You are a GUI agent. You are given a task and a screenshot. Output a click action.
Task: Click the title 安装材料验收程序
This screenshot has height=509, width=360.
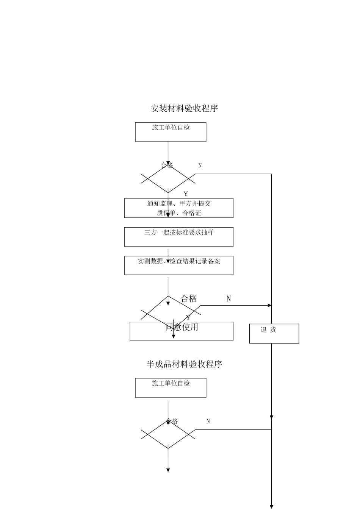(x=184, y=108)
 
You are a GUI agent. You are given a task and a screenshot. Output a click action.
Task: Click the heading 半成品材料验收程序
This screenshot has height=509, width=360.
(x=184, y=364)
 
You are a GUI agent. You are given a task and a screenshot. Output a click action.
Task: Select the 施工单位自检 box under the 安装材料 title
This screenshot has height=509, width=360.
(x=171, y=132)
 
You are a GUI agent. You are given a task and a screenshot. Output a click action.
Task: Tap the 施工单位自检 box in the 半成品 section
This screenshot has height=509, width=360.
(x=171, y=387)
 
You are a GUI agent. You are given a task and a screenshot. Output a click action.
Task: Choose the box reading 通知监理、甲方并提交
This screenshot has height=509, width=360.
(x=179, y=203)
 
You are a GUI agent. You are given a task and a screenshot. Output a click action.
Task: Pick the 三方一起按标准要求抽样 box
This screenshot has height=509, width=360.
(x=178, y=237)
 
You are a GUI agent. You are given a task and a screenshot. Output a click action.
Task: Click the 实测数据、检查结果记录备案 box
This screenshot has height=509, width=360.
(x=178, y=265)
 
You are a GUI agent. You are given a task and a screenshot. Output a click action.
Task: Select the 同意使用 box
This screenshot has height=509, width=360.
(x=182, y=331)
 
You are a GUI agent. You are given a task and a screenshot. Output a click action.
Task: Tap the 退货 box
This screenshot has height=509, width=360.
(x=274, y=333)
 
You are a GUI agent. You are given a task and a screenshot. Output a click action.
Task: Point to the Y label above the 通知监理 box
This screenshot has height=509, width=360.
(x=186, y=194)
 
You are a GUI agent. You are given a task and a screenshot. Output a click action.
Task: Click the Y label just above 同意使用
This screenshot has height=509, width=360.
(x=188, y=317)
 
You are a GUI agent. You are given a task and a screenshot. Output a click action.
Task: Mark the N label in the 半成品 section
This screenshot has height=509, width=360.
(x=208, y=421)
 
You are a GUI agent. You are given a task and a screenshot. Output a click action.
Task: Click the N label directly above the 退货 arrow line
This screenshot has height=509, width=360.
(x=229, y=299)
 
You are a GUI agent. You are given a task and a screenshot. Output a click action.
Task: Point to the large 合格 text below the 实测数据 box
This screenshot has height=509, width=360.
(x=189, y=298)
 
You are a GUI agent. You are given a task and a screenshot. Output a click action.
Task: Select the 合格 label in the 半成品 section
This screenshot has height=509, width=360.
(x=172, y=421)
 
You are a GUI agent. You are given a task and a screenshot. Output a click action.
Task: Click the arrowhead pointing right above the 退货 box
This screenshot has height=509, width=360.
(x=269, y=305)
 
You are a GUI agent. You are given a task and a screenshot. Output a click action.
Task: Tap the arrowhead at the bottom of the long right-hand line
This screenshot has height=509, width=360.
(x=271, y=506)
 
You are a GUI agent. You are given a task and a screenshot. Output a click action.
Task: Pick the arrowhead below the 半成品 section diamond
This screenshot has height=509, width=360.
(x=168, y=470)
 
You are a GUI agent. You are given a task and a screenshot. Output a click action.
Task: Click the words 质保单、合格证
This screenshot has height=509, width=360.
(x=179, y=213)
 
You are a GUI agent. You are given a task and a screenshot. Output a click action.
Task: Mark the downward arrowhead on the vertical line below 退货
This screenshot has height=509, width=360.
(x=271, y=417)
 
